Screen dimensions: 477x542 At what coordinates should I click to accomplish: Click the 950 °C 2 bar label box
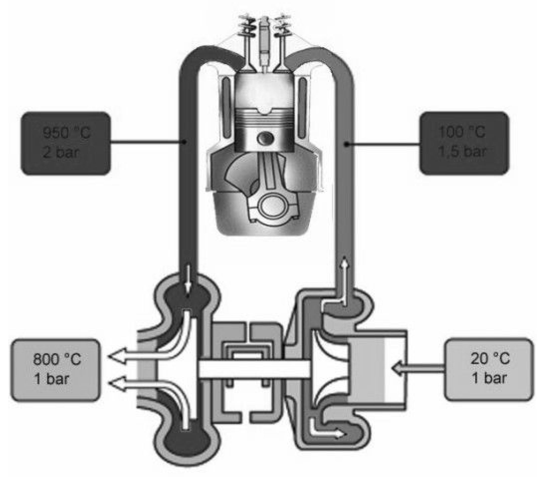click(65, 143)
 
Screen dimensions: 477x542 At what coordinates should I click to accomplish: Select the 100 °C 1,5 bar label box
click(464, 143)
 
